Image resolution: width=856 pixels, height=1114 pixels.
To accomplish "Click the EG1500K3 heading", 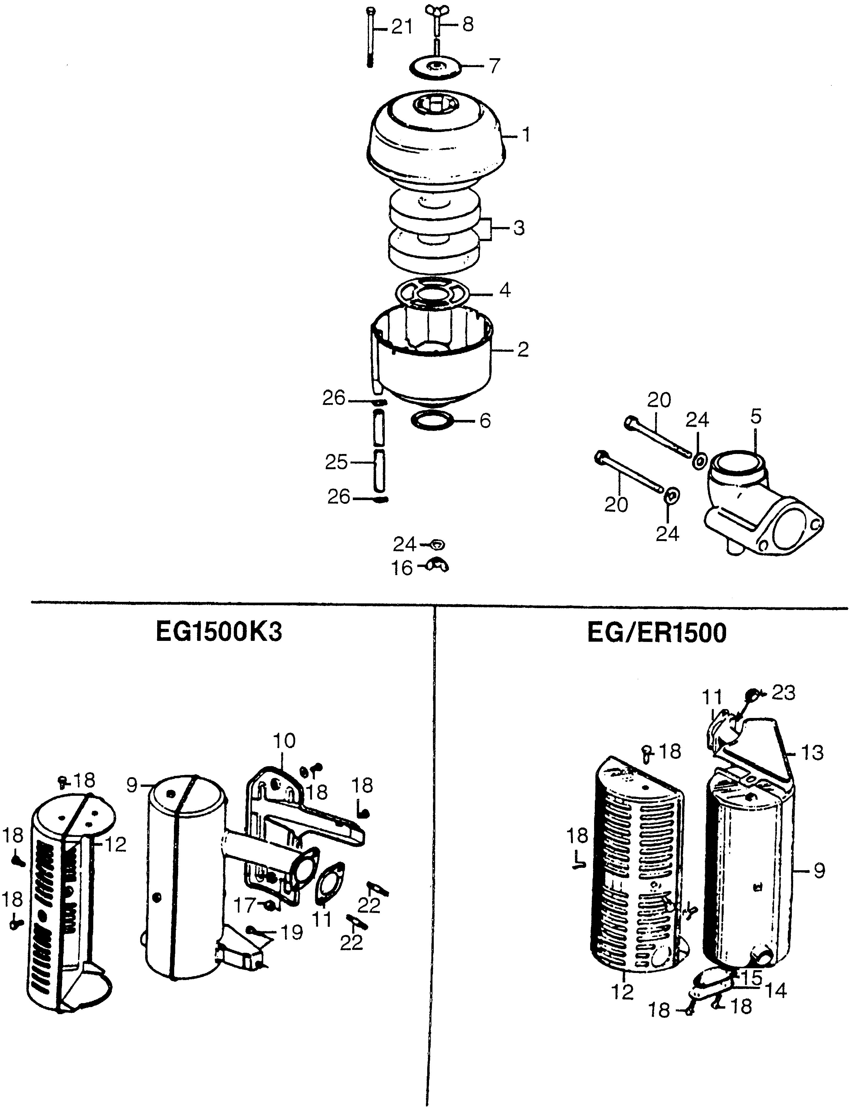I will (x=219, y=634).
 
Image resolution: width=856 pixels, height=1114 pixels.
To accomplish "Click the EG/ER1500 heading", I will (x=657, y=634).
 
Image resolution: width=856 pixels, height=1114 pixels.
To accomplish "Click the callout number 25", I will (x=336, y=462).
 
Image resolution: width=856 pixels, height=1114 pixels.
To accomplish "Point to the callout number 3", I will (x=519, y=228).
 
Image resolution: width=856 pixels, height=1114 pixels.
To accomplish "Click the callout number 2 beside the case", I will (x=523, y=350).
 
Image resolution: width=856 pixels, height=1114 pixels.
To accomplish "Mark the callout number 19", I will (x=292, y=933).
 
